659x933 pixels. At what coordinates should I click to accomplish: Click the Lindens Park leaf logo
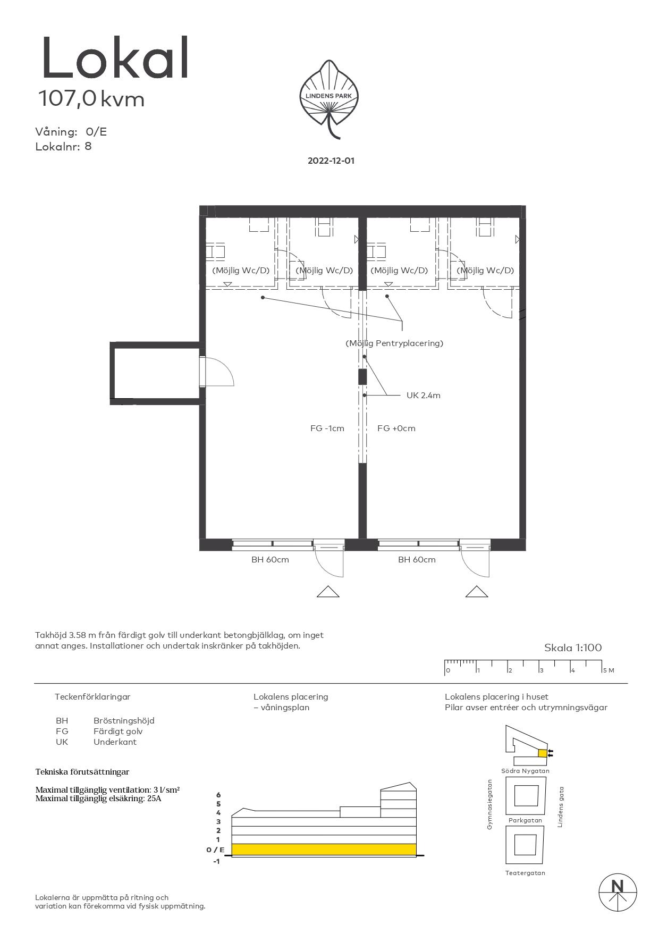[x=329, y=99]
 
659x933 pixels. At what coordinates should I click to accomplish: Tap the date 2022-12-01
[x=331, y=161]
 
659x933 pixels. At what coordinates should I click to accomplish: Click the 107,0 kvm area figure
[x=91, y=99]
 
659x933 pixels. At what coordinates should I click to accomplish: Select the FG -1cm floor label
[x=327, y=428]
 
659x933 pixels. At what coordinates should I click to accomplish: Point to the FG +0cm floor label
[x=396, y=428]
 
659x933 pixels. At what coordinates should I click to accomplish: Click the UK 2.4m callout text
[x=423, y=396]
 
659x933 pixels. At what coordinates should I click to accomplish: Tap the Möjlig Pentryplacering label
[x=394, y=343]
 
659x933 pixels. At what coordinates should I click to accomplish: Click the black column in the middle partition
[x=362, y=376]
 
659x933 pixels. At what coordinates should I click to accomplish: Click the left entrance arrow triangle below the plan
[x=328, y=591]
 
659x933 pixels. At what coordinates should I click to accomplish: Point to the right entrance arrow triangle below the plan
[x=477, y=591]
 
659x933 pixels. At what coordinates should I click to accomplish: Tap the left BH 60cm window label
[x=270, y=560]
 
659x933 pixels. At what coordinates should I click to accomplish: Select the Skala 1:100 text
[x=573, y=648]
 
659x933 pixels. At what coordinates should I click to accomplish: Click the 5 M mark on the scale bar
[x=608, y=670]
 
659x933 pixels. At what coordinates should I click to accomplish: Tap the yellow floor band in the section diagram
[x=324, y=850]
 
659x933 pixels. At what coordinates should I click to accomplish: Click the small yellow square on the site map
[x=542, y=753]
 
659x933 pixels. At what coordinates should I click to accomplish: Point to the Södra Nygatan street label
[x=525, y=771]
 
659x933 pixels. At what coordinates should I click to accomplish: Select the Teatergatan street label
[x=525, y=873]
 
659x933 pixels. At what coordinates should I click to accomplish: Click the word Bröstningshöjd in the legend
[x=124, y=721]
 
